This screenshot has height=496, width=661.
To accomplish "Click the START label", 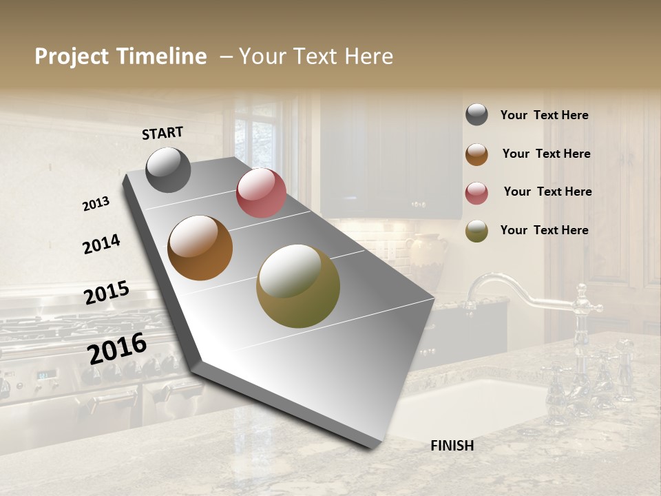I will [x=162, y=133].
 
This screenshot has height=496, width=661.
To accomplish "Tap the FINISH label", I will [x=452, y=446].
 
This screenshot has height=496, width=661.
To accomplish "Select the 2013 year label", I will [x=96, y=204].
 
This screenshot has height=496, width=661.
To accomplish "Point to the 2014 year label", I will [x=101, y=244].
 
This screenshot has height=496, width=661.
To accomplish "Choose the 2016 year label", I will [x=117, y=348].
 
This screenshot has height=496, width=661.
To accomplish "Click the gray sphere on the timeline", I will [x=168, y=169].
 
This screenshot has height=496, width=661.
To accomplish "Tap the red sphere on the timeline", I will [x=261, y=193].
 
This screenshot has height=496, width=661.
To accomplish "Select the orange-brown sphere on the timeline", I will [x=200, y=248].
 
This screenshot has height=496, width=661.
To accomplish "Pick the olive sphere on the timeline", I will [x=298, y=286].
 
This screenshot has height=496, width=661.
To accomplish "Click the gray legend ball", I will [x=476, y=115].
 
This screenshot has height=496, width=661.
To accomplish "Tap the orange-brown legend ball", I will [x=476, y=154].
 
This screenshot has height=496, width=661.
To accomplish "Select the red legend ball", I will [x=476, y=193].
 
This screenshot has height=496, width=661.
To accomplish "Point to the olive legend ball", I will [x=476, y=231].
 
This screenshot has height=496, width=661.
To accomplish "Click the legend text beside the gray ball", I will [x=544, y=115].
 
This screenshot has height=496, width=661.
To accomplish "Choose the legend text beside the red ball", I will [x=547, y=192].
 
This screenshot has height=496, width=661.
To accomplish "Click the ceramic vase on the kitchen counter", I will [x=426, y=254].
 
